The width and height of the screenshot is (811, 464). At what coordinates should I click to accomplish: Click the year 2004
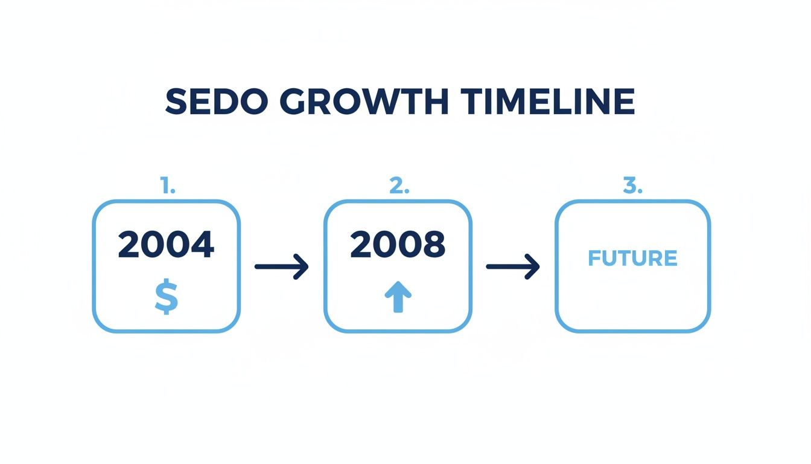point(166,245)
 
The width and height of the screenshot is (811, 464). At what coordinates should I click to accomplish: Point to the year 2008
point(398,245)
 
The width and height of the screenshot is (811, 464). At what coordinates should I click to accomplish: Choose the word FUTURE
point(632,259)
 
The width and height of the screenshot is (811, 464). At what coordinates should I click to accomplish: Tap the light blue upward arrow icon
point(398,298)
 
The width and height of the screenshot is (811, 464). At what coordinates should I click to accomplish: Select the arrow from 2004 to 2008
point(281,266)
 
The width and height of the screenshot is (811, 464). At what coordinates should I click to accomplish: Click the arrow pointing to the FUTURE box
point(513,266)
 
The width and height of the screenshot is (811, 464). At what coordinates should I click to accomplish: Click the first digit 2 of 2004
point(130,245)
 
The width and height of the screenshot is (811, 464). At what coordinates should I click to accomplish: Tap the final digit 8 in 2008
point(434,245)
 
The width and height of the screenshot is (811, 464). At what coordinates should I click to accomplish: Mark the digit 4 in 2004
point(202,245)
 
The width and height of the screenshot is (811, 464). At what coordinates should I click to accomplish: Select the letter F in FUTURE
point(594,259)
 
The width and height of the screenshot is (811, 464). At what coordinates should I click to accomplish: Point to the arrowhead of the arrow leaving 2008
point(533,266)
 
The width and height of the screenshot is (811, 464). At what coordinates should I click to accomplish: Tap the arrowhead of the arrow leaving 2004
point(302,266)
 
